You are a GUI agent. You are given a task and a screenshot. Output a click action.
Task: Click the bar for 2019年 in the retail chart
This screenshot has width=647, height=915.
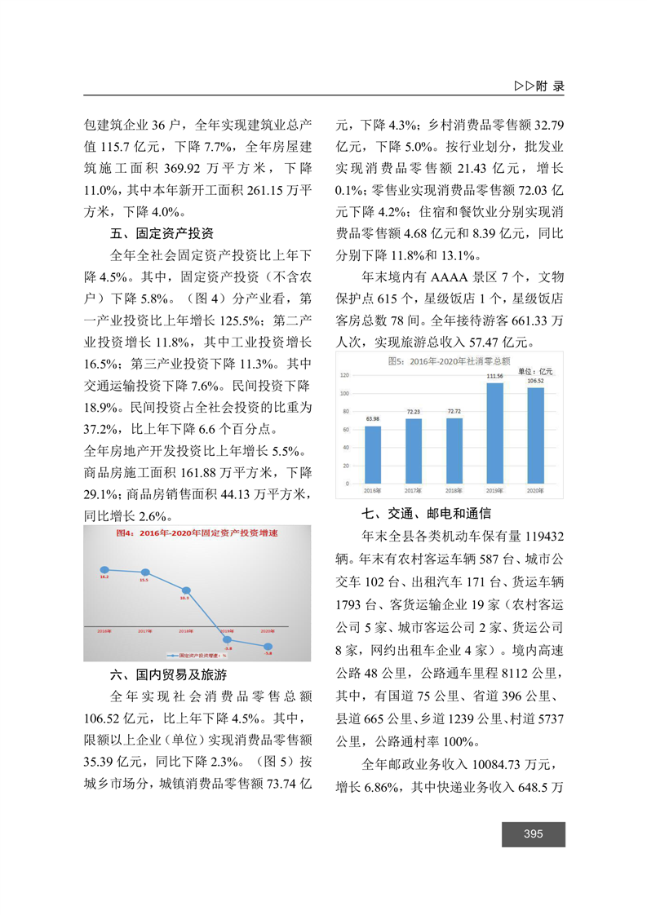point(494,433)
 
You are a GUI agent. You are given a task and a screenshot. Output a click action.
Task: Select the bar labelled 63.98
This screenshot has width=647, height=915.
point(373,454)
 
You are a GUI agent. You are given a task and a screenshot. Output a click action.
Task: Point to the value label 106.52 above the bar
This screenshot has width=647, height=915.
point(535,380)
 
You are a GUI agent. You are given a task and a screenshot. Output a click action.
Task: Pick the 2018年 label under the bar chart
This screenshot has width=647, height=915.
point(454,491)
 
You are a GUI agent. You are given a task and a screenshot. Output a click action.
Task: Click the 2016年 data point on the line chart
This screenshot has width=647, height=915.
point(104,569)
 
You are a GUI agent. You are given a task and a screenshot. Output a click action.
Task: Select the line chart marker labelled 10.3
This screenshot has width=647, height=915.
point(186,590)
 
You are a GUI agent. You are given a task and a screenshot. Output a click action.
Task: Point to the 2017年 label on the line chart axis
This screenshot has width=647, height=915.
point(145,631)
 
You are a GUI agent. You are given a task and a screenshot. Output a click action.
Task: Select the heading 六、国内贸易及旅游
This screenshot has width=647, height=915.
point(168,675)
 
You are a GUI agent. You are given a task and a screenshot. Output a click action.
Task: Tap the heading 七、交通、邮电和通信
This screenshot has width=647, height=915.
point(427,514)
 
